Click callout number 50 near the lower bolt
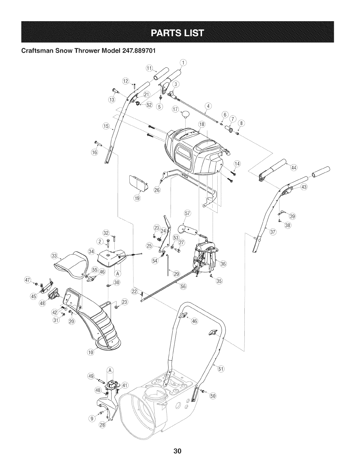pos(212,396)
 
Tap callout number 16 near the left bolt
pos(94,152)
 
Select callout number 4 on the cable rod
pos(209,106)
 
